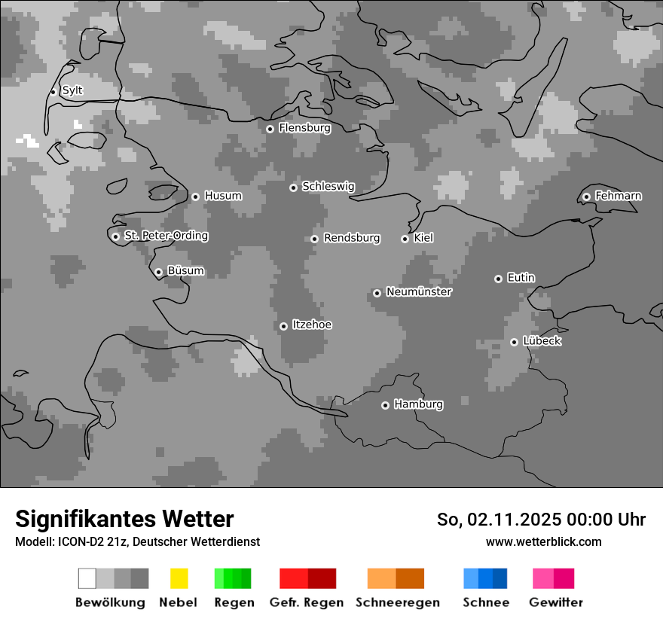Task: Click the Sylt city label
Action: [x=72, y=90]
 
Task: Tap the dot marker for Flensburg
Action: [x=270, y=129]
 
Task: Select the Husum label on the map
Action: [x=223, y=196]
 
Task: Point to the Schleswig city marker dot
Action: [x=293, y=187]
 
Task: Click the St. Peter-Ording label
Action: [x=166, y=236]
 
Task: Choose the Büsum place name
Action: [x=185, y=271]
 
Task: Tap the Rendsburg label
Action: [x=352, y=238]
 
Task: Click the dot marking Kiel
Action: [x=405, y=239]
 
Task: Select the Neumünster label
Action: [x=419, y=291]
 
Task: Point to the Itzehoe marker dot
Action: [x=283, y=326]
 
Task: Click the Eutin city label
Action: [x=521, y=278]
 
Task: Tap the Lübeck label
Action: [x=542, y=341]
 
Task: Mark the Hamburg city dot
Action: [x=385, y=405]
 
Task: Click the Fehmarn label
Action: [x=618, y=196]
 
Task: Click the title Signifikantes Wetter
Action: [x=124, y=519]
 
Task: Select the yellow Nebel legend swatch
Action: [x=179, y=578]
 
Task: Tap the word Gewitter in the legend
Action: [x=556, y=602]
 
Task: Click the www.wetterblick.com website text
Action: [x=543, y=541]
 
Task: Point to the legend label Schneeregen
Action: [x=398, y=602]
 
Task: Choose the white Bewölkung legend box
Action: [x=87, y=578]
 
